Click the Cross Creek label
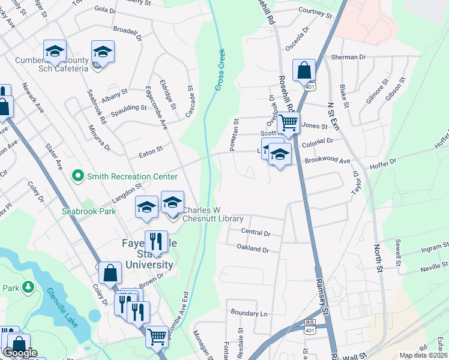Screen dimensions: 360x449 (x=220, y=70)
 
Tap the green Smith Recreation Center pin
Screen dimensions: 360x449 (x=77, y=176)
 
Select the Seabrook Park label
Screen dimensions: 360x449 (x=89, y=212)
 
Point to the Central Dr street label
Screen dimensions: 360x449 (x=256, y=232)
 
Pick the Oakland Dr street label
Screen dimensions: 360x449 (x=253, y=248)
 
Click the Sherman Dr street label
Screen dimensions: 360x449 (x=348, y=57)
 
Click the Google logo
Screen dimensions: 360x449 (x=20, y=353)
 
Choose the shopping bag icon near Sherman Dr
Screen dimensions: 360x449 (x=304, y=70)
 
